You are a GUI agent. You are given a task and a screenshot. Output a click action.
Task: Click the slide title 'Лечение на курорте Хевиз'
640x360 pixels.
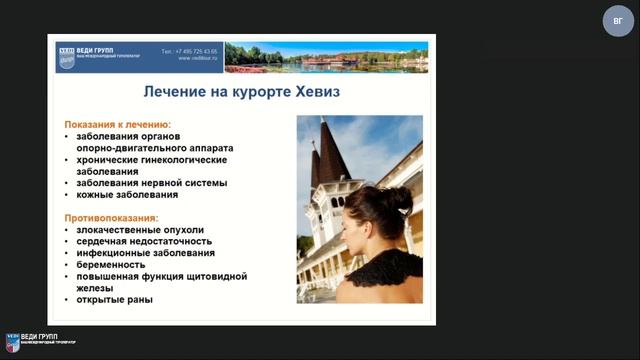pos(241,91)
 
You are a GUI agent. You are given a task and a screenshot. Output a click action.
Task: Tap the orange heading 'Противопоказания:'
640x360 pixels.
pos(112,217)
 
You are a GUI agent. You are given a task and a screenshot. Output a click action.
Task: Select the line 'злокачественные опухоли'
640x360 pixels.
pos(140,229)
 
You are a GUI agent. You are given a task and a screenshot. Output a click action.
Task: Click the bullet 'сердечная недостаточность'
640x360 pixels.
pos(145,241)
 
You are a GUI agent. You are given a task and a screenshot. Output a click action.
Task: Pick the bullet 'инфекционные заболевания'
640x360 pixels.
pos(144,253)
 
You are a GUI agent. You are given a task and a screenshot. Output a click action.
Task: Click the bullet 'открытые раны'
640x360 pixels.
pos(116,300)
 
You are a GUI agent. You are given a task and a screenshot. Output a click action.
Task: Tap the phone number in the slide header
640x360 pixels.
pos(190,50)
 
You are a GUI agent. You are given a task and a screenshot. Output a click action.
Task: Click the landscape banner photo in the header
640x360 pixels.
pos(327,56)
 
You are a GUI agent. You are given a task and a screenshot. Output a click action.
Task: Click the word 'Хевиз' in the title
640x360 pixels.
pos(309,91)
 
